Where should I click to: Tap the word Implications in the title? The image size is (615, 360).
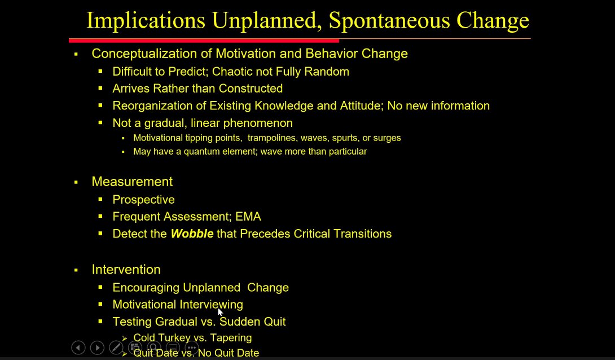(146, 20)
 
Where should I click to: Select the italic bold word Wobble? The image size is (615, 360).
(192, 234)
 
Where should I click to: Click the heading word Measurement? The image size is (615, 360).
(132, 182)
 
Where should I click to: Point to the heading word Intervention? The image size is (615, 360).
(126, 270)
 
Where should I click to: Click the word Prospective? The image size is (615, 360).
(143, 200)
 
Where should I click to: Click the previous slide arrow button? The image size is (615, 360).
(78, 348)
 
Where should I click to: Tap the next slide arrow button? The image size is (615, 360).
(97, 348)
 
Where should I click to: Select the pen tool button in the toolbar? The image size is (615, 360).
(116, 348)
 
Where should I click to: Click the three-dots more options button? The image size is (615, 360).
(192, 348)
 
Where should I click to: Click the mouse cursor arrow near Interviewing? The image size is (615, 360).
(221, 312)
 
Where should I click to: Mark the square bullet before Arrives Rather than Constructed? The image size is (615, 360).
(100, 89)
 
